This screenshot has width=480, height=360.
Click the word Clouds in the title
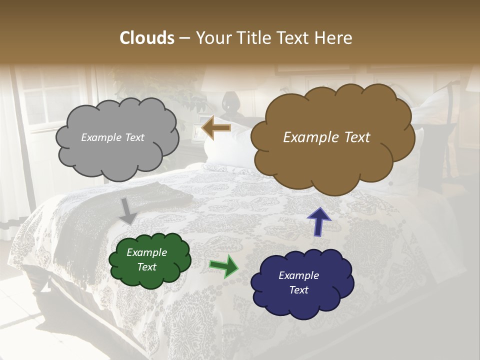146,38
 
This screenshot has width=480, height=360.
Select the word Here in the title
335,38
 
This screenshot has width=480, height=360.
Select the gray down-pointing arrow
128,211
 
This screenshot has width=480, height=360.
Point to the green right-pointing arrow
224,265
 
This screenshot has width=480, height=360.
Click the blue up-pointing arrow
318,221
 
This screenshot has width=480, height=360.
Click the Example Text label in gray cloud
112,137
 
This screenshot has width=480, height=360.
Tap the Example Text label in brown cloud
326,137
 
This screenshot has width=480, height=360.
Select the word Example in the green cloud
146,252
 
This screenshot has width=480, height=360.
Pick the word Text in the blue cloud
298,290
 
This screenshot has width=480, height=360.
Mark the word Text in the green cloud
146,267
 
